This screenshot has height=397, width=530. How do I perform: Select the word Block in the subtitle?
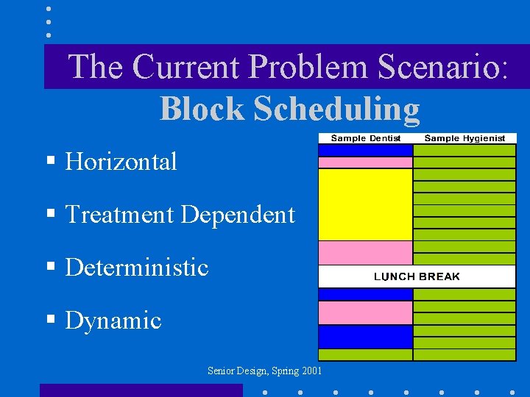(202, 109)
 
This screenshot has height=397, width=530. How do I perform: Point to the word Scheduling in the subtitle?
(336, 109)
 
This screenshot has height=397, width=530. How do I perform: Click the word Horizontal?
(121, 162)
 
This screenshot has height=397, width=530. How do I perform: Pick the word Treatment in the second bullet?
(119, 215)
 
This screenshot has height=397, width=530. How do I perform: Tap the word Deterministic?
(137, 268)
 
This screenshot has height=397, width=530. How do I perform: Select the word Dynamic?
(113, 321)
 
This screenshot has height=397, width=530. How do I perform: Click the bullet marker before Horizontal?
(50, 161)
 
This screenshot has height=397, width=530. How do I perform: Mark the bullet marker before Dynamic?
(50, 320)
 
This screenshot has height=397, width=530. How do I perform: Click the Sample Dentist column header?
(366, 138)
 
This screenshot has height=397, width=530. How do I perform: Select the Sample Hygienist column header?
(464, 138)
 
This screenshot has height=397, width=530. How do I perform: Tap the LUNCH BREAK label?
(417, 276)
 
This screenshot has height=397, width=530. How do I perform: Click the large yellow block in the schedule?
(365, 204)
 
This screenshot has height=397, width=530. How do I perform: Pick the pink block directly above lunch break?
(365, 253)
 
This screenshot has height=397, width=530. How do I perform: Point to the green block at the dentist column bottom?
(365, 354)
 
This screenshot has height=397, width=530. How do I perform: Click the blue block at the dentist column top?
(365, 149)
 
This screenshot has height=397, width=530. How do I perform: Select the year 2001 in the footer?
(310, 371)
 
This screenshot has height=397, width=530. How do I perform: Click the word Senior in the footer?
(220, 371)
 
